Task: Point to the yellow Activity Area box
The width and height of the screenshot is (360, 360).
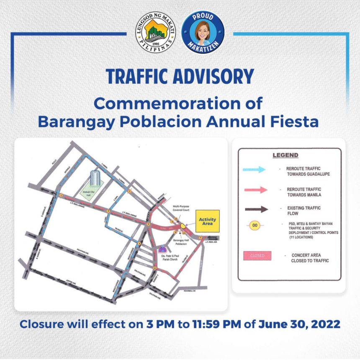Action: pos(207,221)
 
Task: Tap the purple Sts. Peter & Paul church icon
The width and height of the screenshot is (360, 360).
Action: pos(163,250)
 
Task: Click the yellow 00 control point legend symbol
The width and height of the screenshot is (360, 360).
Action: pos(255,226)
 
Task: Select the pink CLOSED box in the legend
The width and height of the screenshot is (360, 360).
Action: pos(257,255)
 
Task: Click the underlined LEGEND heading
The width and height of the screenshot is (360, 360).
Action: pos(285,155)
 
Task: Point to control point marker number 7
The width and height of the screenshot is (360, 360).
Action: pos(201,238)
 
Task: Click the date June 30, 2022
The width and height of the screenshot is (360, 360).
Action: pos(299,324)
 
